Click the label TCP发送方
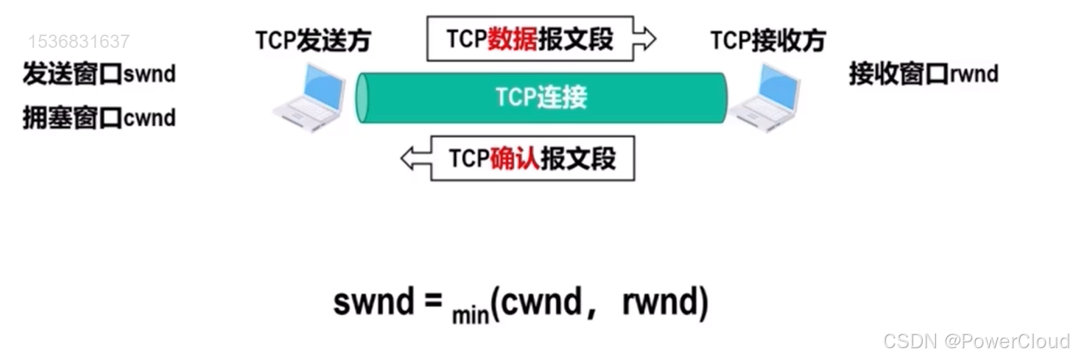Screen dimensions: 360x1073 (x=312, y=40)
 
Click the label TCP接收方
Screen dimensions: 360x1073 (x=767, y=40)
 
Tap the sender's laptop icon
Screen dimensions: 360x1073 (x=309, y=96)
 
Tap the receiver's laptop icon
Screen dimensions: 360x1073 (x=766, y=96)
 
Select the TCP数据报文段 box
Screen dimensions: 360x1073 (x=530, y=38)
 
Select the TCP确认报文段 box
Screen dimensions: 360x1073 (x=532, y=158)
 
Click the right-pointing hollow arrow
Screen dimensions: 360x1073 (x=644, y=39)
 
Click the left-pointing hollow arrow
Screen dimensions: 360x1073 (x=415, y=158)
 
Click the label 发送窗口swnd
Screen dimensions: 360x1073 (x=99, y=74)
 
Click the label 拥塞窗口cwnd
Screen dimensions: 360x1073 (x=99, y=118)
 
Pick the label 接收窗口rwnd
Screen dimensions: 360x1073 (x=924, y=74)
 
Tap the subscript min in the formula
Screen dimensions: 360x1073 (x=471, y=315)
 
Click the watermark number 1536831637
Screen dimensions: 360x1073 (x=79, y=41)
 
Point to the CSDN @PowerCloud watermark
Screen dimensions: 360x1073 (x=976, y=341)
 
